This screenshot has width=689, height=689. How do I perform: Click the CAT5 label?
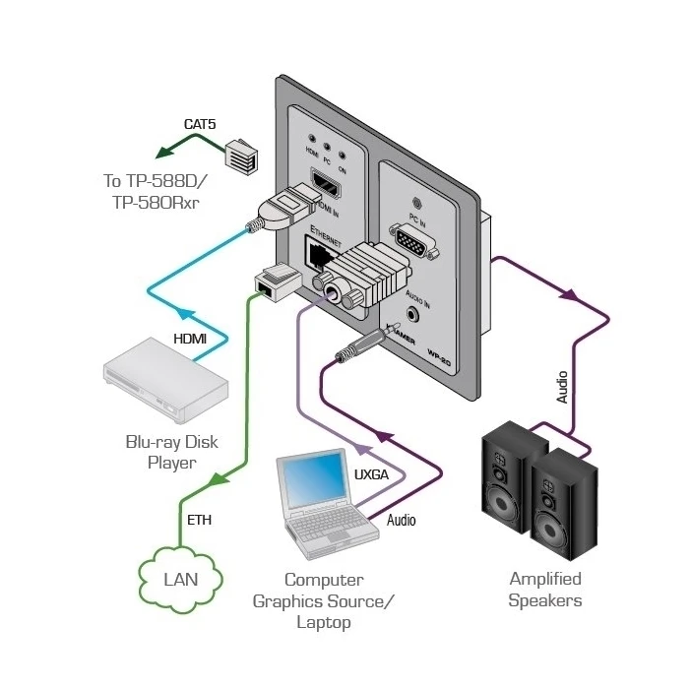[x=201, y=124]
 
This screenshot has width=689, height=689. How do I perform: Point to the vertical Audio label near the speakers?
[x=562, y=387]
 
